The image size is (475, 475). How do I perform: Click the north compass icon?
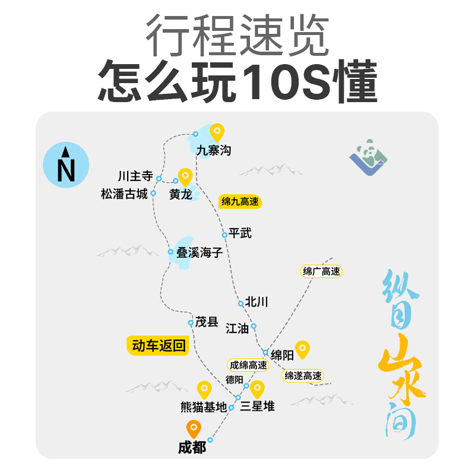pyautogui.click(x=66, y=164)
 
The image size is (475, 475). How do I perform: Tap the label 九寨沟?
pyautogui.click(x=214, y=151)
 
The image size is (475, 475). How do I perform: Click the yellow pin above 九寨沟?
pyautogui.click(x=217, y=132)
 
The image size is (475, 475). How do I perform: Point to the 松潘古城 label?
pyautogui.click(x=124, y=194)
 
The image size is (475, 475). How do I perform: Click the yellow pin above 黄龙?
pyautogui.click(x=186, y=177)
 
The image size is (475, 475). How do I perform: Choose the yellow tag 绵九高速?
pyautogui.click(x=240, y=202)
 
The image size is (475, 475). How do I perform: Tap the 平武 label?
pyautogui.click(x=240, y=233)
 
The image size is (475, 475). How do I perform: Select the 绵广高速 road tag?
pyautogui.click(x=322, y=271)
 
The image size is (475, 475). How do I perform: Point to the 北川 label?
pyautogui.click(x=256, y=302)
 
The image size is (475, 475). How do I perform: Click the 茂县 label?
pyautogui.click(x=207, y=322)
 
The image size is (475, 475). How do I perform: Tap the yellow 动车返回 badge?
pyautogui.click(x=158, y=346)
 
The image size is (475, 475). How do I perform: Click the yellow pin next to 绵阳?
pyautogui.click(x=303, y=349)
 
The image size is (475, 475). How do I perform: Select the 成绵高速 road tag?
pyautogui.click(x=249, y=365)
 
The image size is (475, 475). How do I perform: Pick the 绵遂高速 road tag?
pyautogui.click(x=303, y=375)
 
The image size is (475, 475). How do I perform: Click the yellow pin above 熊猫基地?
pyautogui.click(x=204, y=389)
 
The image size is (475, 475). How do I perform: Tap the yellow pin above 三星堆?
pyautogui.click(x=257, y=389)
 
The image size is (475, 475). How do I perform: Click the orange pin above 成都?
pyautogui.click(x=193, y=428)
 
